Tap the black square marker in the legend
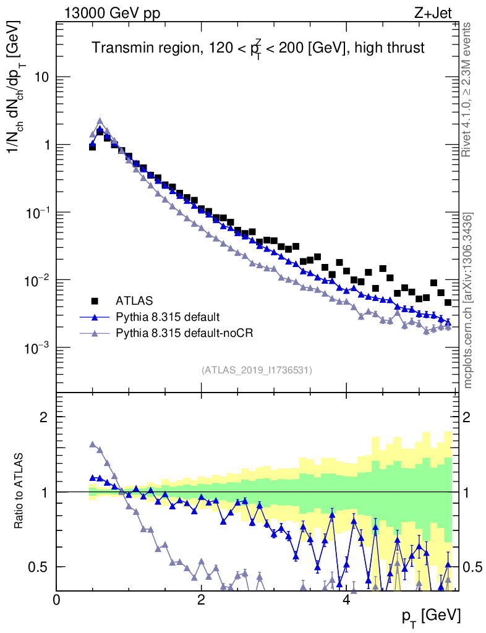pos(95,301)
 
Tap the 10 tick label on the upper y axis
pos(42,77)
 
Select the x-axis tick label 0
pos(57,600)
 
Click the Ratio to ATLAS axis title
pos(20,491)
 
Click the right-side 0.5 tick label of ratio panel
pos(474,567)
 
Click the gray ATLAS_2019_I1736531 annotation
pos(257,370)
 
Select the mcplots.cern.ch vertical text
pos(467,300)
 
